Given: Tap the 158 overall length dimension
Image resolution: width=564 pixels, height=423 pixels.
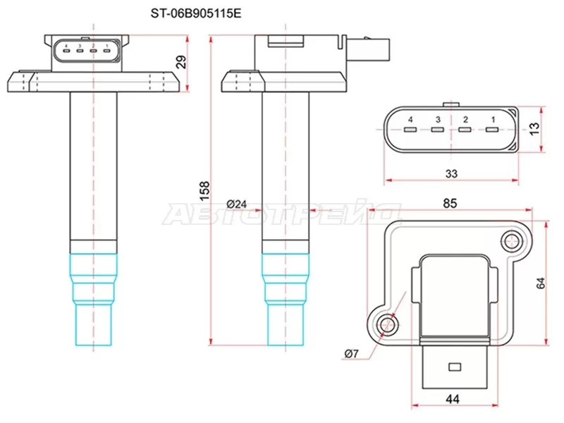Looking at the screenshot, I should click(x=204, y=188).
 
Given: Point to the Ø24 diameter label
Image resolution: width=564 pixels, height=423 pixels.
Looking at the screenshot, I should click(x=237, y=204).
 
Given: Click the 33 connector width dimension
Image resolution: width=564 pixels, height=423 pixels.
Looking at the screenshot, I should click(x=452, y=173).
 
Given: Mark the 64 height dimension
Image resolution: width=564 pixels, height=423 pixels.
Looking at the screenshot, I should click(x=541, y=283).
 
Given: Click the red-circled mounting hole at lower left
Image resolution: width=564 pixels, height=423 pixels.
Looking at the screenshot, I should click(x=386, y=325).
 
